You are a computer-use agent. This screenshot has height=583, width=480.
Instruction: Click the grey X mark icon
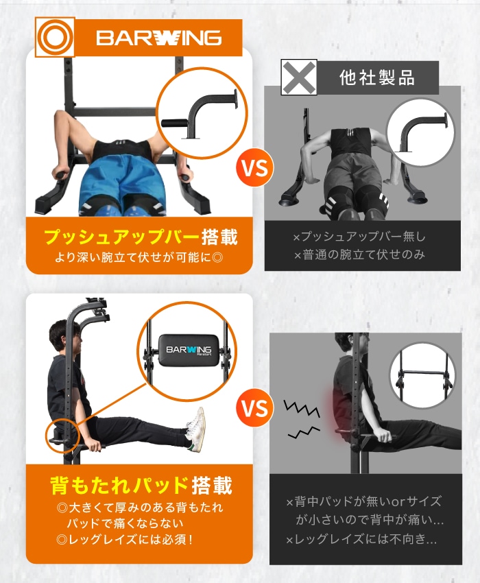point(299,77)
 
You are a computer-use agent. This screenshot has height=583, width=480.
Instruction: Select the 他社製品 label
point(376,78)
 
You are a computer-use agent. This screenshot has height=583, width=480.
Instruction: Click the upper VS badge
point(254,167)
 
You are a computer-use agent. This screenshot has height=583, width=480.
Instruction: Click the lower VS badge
point(254,409)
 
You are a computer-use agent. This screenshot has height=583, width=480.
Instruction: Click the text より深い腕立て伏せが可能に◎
point(140,259)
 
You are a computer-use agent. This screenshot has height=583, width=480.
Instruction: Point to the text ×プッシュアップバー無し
point(359,237)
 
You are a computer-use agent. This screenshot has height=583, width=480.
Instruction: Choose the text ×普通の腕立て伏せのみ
point(359,255)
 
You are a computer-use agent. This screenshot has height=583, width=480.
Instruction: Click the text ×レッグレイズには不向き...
point(361,540)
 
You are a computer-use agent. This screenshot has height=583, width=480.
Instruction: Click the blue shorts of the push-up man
point(121,185)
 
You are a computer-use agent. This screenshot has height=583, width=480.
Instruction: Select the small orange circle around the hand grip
point(63,433)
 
